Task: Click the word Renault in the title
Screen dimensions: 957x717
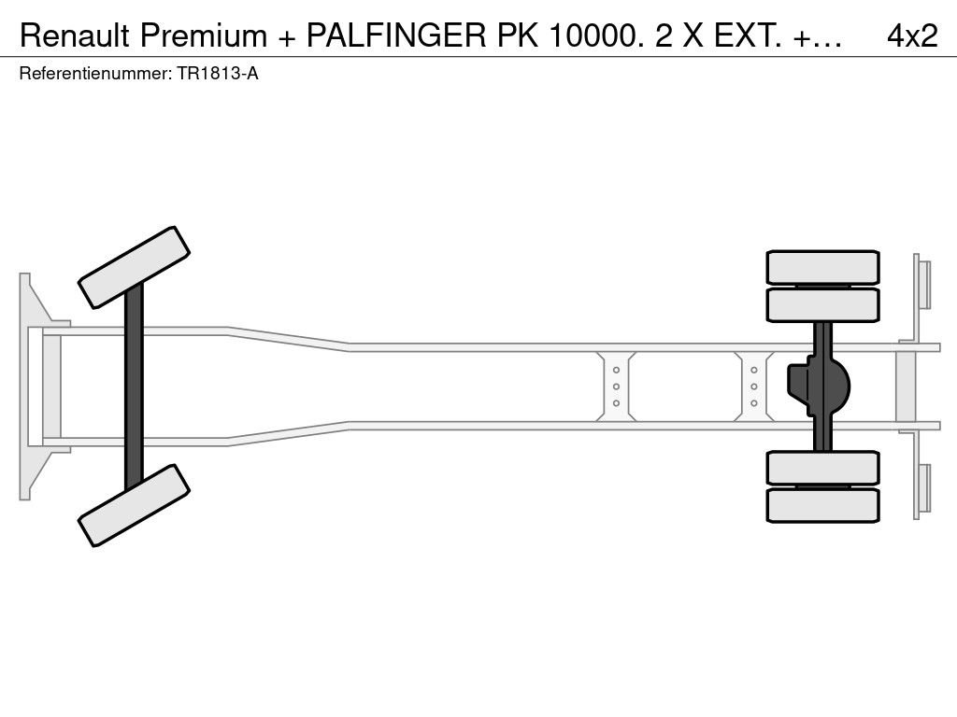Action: pyautogui.click(x=75, y=35)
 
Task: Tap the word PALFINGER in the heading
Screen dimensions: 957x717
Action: pyautogui.click(x=395, y=35)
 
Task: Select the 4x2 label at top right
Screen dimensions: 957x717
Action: pyautogui.click(x=912, y=35)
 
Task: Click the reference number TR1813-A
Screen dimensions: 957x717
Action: pyautogui.click(x=218, y=74)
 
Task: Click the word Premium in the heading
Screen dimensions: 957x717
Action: pyautogui.click(x=203, y=35)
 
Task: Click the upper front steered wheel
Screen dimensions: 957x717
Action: pyautogui.click(x=134, y=267)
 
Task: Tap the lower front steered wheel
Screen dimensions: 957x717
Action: pyautogui.click(x=134, y=505)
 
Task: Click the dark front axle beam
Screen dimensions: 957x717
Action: pyautogui.click(x=134, y=387)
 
